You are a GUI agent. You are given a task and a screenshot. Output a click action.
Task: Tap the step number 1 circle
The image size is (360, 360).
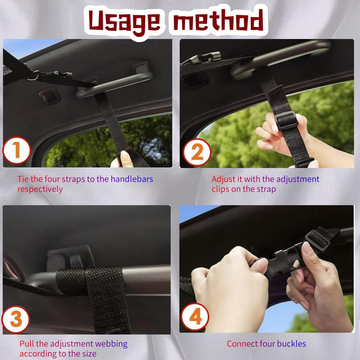point(16,150)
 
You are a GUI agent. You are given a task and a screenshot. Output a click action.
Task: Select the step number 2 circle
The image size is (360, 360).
point(197,152)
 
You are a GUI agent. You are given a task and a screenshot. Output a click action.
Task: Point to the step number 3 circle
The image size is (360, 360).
point(16,319)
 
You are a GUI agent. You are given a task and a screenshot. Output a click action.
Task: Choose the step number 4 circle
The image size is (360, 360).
point(195,316)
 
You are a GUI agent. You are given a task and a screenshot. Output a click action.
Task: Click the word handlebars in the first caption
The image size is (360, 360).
point(132,179)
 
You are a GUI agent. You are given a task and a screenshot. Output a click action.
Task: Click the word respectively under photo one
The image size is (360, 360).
point(40,189)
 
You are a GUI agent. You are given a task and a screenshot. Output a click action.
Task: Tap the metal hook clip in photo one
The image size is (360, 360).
point(62,74)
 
